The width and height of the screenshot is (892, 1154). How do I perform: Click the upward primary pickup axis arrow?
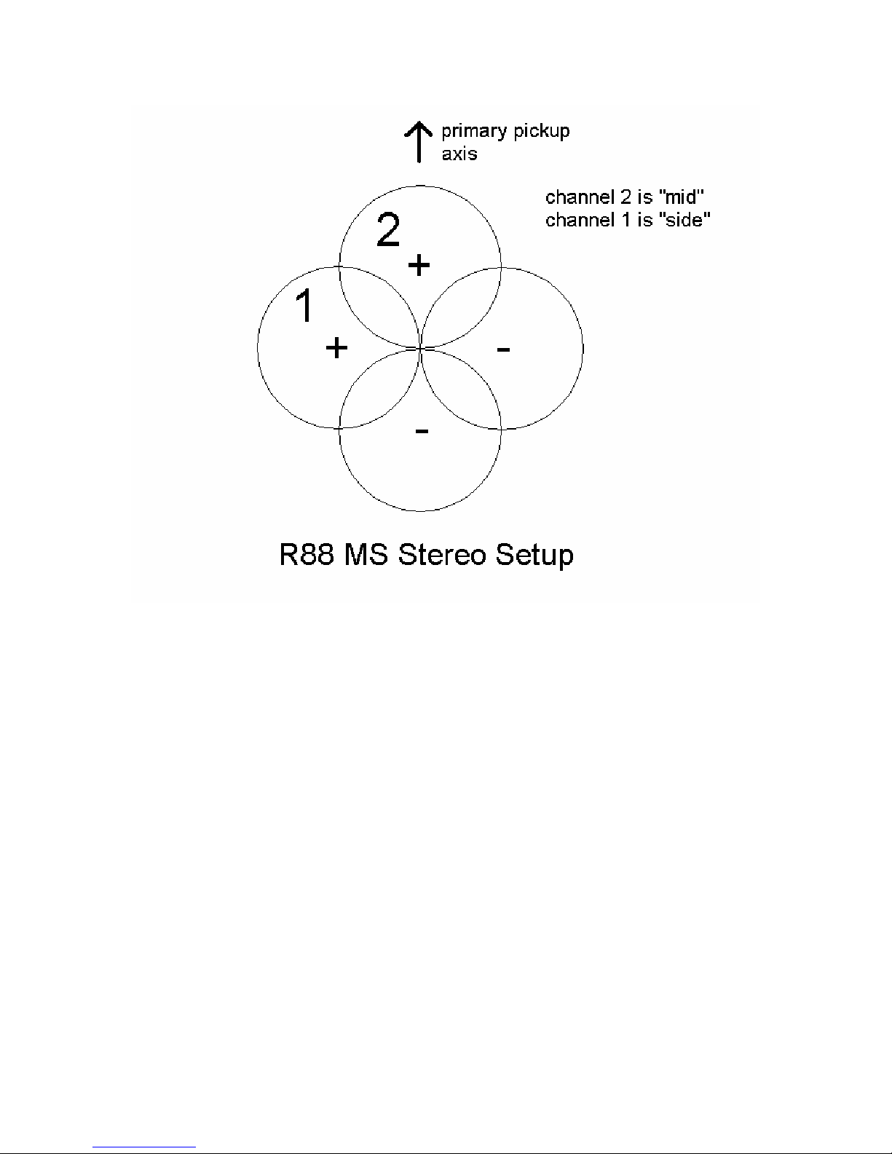419,143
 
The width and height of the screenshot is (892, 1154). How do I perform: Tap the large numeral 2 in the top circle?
388,231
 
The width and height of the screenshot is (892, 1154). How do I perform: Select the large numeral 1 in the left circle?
305,306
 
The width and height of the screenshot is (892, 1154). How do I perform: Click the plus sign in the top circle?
419,265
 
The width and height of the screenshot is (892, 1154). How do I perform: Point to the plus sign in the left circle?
336,348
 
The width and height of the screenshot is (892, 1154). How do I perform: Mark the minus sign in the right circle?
503,350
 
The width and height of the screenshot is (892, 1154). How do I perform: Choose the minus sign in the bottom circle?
422,432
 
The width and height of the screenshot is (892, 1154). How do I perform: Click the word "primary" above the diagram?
473,132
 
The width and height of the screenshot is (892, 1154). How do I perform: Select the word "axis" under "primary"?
459,154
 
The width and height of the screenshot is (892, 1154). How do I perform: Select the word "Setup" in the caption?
535,556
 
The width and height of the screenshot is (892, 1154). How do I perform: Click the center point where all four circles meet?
421,349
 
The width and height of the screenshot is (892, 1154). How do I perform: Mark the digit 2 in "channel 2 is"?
625,197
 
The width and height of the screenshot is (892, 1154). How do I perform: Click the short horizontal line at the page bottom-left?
145,1147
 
